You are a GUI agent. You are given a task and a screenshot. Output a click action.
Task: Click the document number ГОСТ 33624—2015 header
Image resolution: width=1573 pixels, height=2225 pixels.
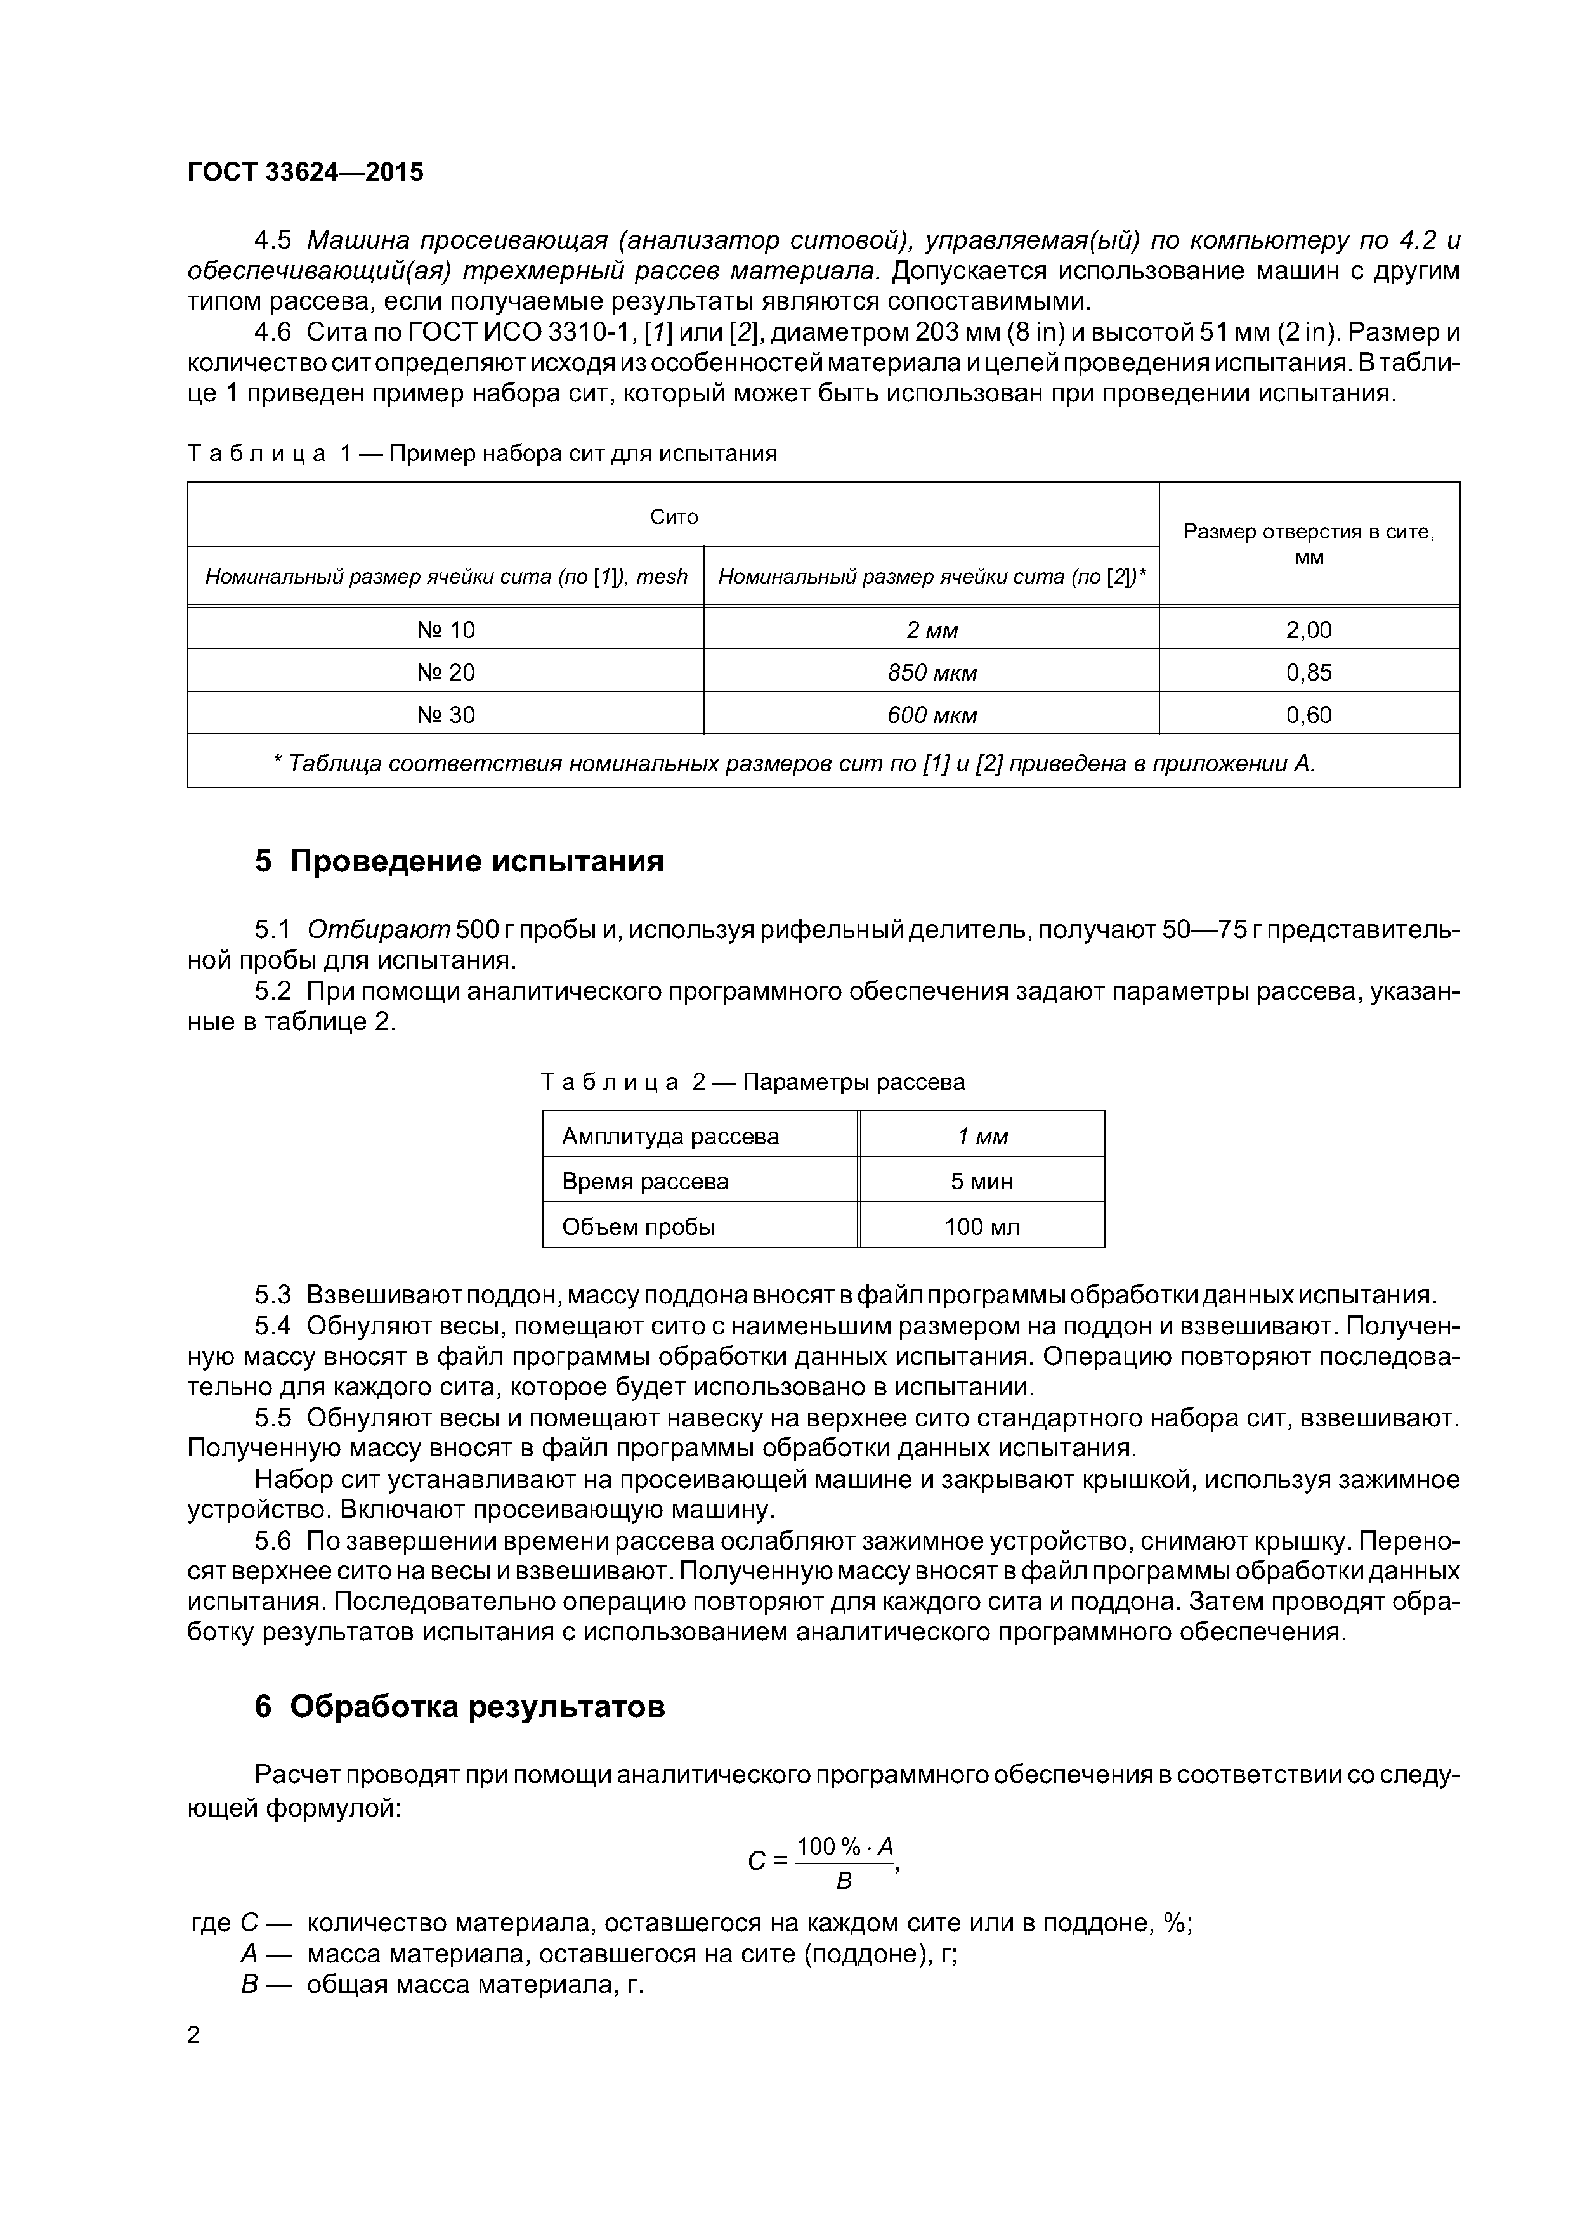tap(305, 173)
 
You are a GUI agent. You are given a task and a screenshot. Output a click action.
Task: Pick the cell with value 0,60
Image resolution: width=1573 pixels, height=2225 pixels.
tap(1309, 715)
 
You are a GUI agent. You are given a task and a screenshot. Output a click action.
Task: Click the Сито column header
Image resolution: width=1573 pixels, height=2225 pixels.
tap(674, 516)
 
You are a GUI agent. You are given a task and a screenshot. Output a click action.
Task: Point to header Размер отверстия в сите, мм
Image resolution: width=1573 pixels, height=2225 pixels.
tap(1309, 544)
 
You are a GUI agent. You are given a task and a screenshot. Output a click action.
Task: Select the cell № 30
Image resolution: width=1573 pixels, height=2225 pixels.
tap(446, 715)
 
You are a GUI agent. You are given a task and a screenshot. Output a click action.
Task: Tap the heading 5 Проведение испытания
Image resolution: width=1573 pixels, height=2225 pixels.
tap(459, 861)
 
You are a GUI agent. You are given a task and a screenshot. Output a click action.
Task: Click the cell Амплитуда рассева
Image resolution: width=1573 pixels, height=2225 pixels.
tap(670, 1136)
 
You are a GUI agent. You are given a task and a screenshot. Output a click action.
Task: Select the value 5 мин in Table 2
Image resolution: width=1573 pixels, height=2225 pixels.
tap(982, 1181)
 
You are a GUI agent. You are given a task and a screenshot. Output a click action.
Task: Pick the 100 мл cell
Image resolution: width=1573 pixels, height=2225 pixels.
tap(982, 1227)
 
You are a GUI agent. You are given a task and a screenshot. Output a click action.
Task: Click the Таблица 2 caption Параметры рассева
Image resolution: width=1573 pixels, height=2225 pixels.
tap(752, 1081)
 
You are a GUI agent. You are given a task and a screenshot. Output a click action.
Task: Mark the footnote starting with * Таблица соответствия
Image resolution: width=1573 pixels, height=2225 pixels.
tap(795, 764)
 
